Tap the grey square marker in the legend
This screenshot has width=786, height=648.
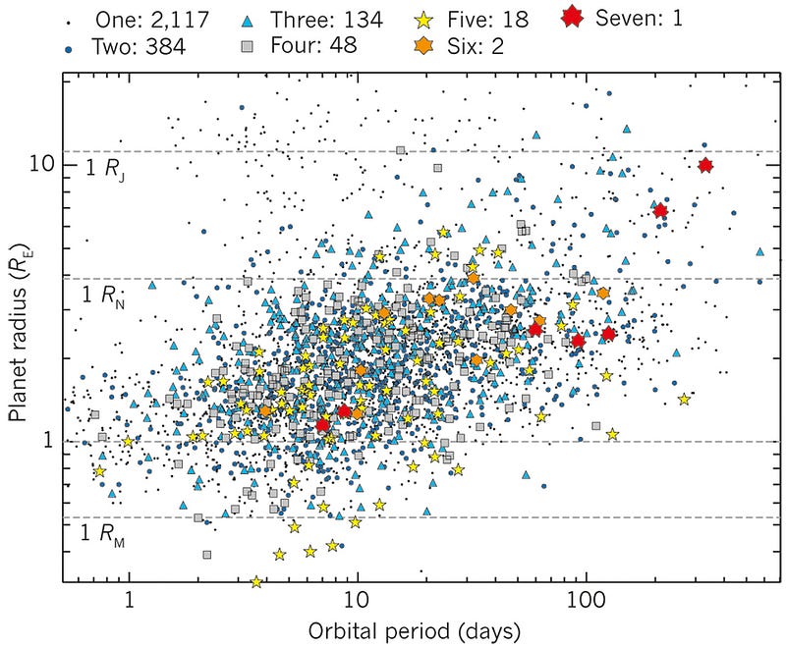pos(253,45)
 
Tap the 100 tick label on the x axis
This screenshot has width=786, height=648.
pos(586,599)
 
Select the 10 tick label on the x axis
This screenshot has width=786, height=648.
pos(357,599)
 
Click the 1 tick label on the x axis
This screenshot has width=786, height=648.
pos(129,599)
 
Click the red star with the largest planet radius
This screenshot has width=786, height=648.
pos(704,166)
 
